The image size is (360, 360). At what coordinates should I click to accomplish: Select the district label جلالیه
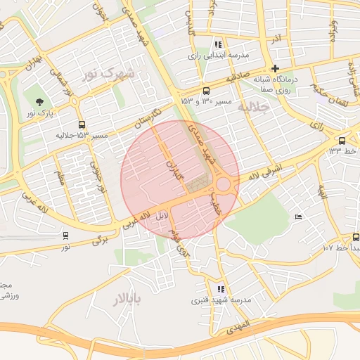click(x=254, y=108)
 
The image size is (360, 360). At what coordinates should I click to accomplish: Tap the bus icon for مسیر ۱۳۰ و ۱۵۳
click(x=206, y=91)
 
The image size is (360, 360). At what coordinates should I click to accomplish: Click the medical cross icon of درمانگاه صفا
click(x=275, y=68)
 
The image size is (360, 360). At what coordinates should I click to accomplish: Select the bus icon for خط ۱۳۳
click(x=342, y=140)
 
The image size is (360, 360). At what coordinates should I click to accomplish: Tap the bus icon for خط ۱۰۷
click(x=356, y=237)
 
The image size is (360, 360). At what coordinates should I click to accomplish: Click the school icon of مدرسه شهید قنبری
click(x=221, y=288)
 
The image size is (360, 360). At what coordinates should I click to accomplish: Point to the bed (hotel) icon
click(x=299, y=217)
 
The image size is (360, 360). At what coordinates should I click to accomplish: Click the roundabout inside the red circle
click(x=224, y=184)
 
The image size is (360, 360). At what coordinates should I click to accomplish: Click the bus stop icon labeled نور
click(x=65, y=236)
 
